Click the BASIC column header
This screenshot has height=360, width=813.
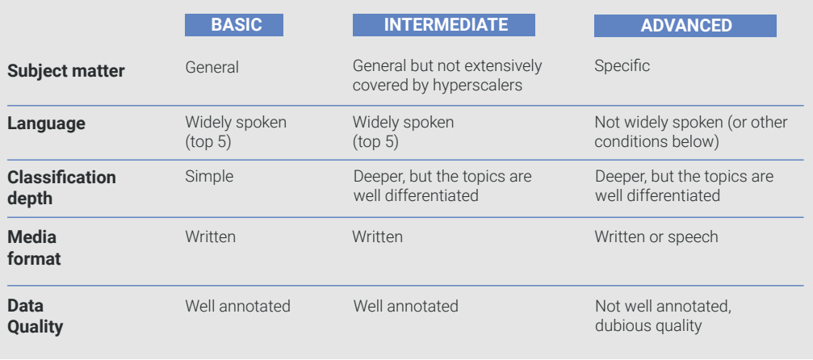coord(234,25)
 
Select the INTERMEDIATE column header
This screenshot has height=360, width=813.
coord(444,25)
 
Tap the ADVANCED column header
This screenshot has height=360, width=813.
coord(685,25)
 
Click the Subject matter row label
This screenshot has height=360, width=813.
coord(66,70)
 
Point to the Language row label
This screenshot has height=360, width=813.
coord(46,123)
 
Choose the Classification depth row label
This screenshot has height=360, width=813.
coord(61,187)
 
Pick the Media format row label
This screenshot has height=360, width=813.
coord(34,248)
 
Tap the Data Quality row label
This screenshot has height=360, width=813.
coord(36,316)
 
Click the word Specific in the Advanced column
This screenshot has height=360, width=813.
coord(622,66)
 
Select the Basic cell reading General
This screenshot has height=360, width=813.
coord(212,68)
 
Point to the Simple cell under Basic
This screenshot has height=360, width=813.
coord(209,177)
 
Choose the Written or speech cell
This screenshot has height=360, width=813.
coord(656,237)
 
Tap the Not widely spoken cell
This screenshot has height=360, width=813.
coord(690,132)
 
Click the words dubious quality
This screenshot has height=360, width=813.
coord(648,326)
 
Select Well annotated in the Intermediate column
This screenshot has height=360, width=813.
coord(406,306)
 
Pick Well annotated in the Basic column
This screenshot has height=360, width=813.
coord(238,306)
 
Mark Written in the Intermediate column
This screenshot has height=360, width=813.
coord(378,237)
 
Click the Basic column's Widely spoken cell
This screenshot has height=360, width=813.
coord(236,132)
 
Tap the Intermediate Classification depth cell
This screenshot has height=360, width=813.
coord(442,186)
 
